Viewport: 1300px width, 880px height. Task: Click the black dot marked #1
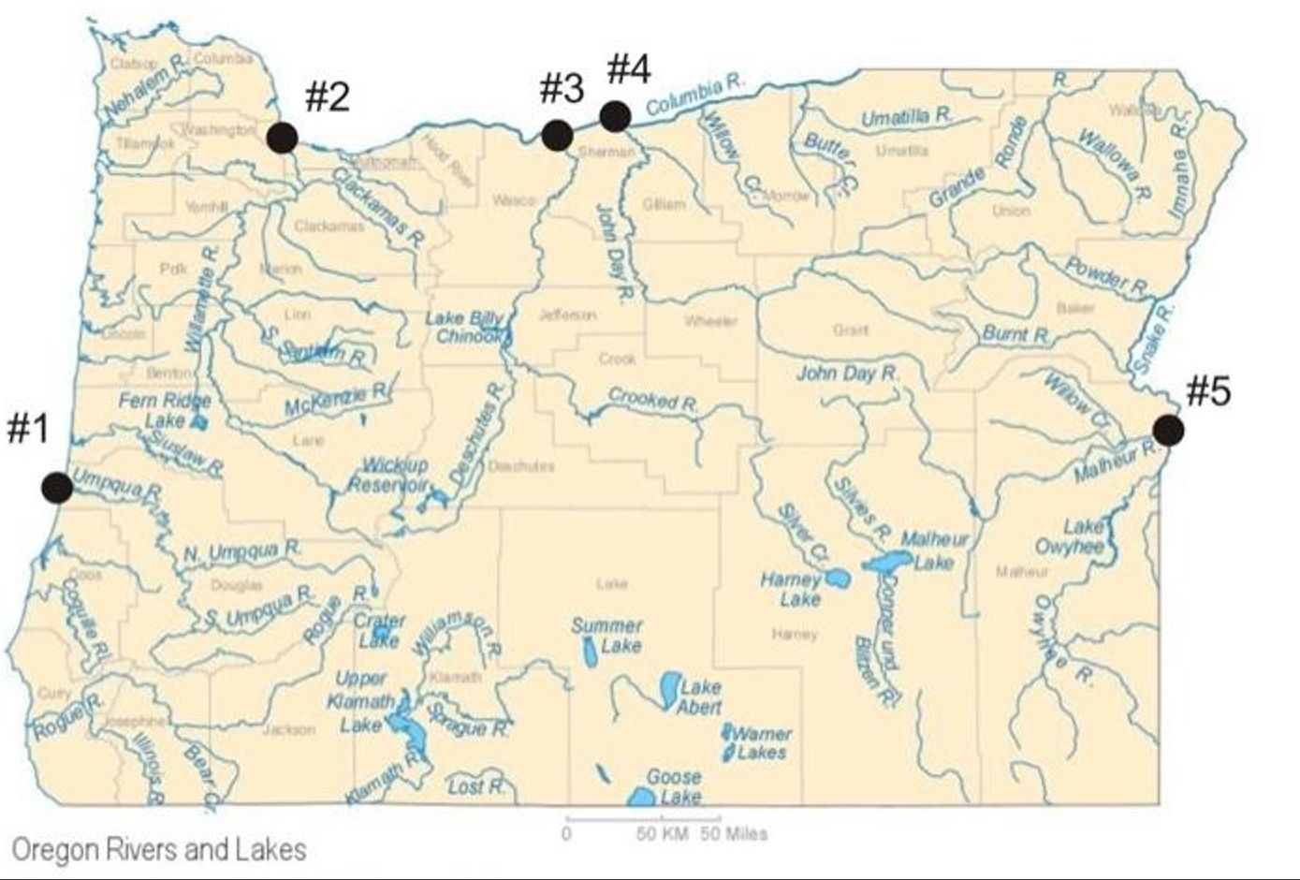57,487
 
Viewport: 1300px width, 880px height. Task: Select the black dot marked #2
282,138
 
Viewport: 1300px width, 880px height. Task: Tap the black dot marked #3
557,135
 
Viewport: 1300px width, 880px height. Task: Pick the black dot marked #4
614,116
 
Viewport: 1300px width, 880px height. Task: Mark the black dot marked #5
1167,430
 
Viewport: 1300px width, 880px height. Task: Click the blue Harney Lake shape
838,578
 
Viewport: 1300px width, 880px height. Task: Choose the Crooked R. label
653,400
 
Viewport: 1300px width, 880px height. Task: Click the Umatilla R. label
906,118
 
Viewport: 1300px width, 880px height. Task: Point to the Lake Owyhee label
1071,536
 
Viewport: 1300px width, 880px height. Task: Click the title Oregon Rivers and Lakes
159,849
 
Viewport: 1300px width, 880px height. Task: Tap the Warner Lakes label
762,742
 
